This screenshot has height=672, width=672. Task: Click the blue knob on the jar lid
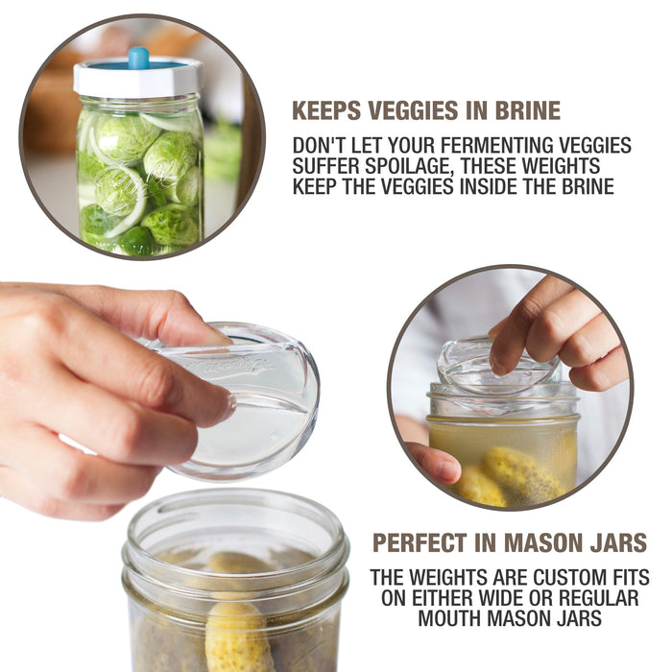[138, 58]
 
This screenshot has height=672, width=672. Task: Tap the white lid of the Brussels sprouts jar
[138, 79]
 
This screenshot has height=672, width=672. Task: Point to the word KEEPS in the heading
[326, 110]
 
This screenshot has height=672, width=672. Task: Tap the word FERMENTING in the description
[474, 145]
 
